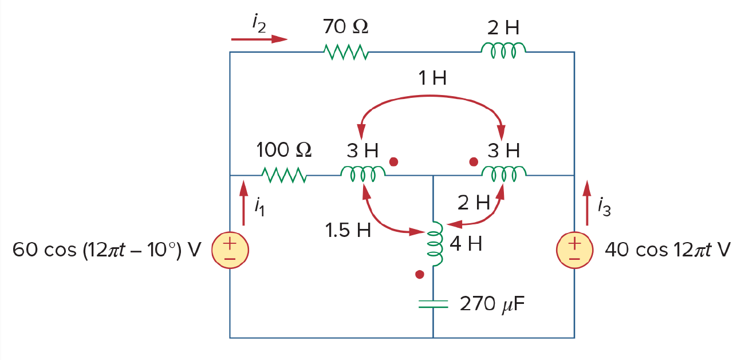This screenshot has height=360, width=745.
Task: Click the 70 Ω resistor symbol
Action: [x=346, y=52]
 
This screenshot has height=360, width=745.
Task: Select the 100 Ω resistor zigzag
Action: [x=285, y=175]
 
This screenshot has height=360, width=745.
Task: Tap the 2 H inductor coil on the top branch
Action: [x=503, y=50]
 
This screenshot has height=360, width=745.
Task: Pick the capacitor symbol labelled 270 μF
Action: [x=433, y=304]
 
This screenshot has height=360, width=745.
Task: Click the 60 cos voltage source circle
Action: [x=230, y=250]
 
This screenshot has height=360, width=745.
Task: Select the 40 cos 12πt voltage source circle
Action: [x=574, y=250]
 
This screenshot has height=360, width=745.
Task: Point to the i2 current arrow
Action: [x=259, y=39]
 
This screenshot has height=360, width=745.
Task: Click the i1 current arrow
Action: [x=244, y=203]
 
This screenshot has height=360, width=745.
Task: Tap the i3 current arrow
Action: [x=587, y=203]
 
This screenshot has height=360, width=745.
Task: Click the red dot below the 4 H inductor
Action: [x=420, y=274]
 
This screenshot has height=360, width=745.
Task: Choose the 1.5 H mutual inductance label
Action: [x=348, y=230]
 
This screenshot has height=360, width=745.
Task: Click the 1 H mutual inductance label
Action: [x=432, y=78]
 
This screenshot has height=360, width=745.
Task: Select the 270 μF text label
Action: [x=492, y=303]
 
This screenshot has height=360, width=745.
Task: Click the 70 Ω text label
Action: [x=345, y=26]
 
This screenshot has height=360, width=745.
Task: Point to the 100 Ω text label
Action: [x=284, y=149]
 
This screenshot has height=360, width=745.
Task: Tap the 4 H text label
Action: [x=466, y=244]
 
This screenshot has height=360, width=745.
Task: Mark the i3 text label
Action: [x=604, y=207]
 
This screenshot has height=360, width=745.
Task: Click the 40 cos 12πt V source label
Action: [x=668, y=250]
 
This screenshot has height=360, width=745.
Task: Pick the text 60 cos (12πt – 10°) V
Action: [x=107, y=250]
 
